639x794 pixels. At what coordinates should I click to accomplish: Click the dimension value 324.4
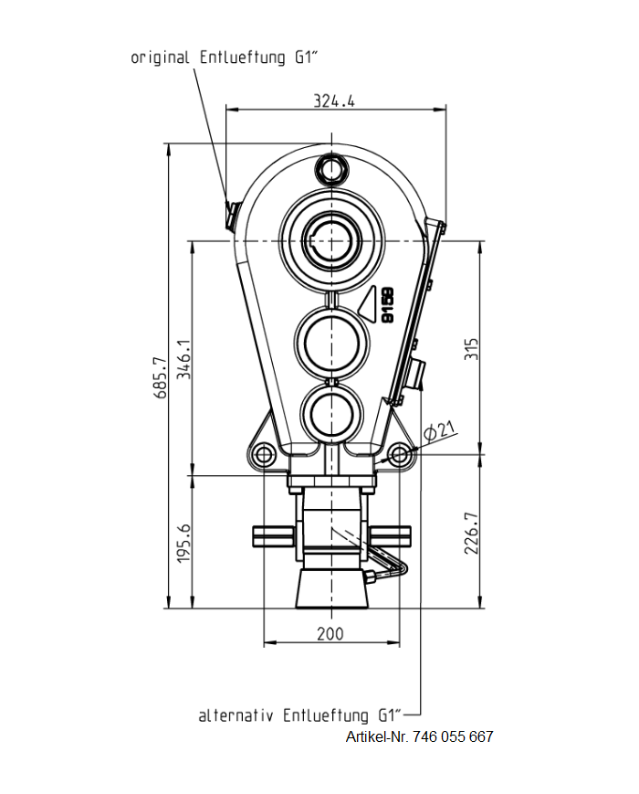point(334,101)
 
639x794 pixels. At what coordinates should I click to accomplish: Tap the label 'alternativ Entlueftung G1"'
point(300,715)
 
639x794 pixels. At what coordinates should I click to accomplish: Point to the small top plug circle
point(330,169)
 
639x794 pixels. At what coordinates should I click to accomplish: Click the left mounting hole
point(265,454)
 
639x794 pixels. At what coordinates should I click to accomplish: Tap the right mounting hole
point(399,454)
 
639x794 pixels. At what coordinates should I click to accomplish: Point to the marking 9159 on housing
point(388,306)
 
